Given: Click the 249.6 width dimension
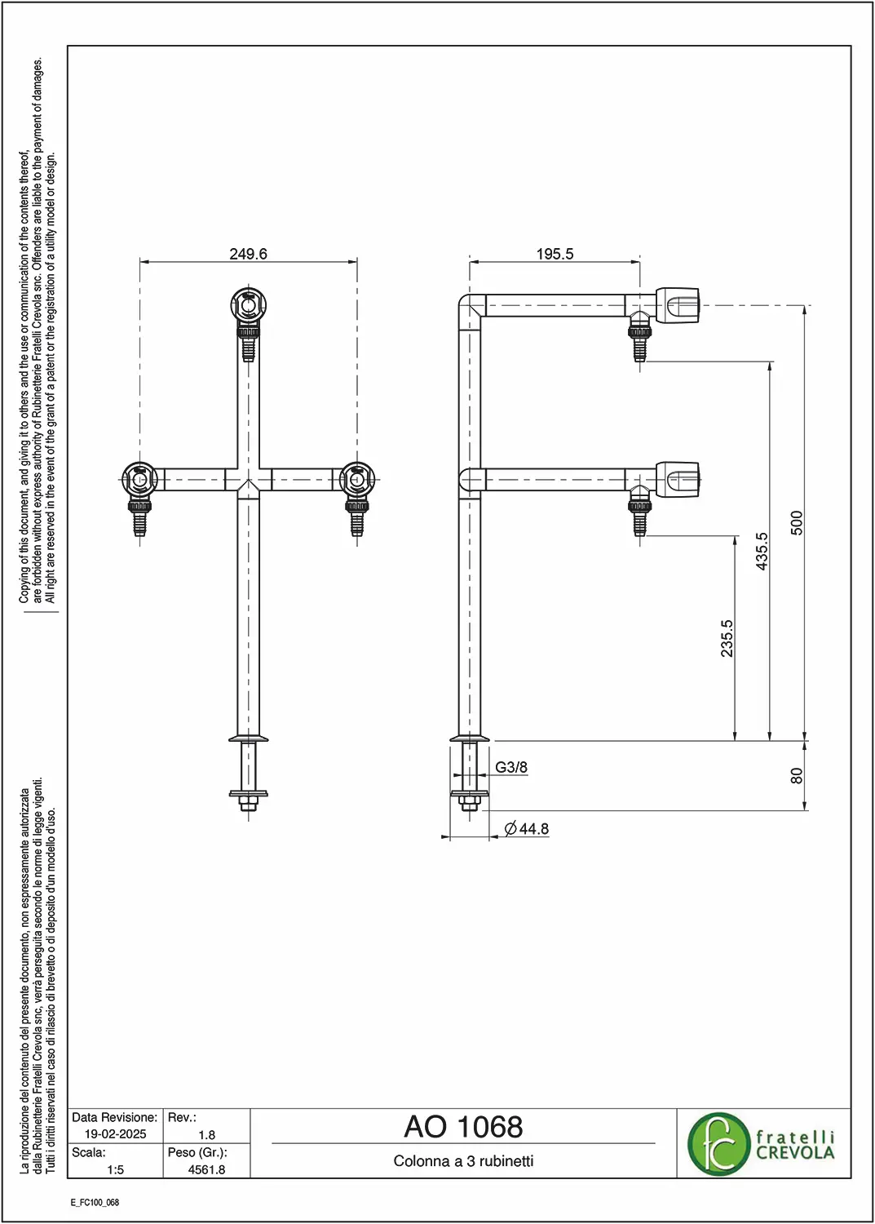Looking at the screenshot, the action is click(248, 254).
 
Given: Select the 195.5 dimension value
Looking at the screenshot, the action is click(555, 254).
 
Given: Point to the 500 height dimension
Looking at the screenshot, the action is click(797, 523).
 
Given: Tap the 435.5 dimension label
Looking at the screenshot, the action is click(762, 552).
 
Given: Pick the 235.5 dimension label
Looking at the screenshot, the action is click(727, 638).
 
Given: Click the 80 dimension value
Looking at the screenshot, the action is click(797, 776).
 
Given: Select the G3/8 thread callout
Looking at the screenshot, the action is click(511, 767).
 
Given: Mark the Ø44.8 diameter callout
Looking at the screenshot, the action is click(527, 829).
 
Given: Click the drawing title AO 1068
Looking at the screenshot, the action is click(463, 1126).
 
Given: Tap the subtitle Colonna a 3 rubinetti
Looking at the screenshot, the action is click(463, 1160).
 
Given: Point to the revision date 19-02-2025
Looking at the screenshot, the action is click(115, 1134).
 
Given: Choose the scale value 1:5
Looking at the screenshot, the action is click(115, 1170).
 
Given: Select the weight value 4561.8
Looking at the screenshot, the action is click(206, 1170).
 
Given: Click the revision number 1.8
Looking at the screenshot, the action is click(206, 1134).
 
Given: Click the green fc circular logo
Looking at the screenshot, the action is click(718, 1144).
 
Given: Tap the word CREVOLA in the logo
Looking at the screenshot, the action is click(795, 1153).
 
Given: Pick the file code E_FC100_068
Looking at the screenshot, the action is click(95, 1203).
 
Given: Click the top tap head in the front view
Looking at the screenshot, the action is click(248, 305).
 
